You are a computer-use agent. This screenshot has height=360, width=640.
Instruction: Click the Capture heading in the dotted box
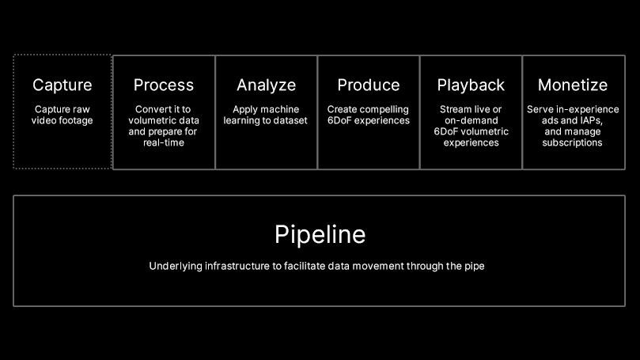click(x=62, y=85)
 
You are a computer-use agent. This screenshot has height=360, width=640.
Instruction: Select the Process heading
click(x=164, y=85)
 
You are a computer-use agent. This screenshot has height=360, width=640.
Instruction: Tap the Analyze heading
click(x=266, y=85)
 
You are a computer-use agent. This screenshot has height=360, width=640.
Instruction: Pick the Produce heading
click(x=369, y=85)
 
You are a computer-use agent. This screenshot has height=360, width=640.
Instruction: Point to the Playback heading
click(x=471, y=85)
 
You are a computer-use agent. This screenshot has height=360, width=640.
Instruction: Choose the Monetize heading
click(x=573, y=85)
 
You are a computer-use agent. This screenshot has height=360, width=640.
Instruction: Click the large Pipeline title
click(x=320, y=235)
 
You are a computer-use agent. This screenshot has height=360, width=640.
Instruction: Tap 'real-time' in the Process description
click(x=164, y=142)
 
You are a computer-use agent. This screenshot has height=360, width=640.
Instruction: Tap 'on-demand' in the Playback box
click(x=471, y=120)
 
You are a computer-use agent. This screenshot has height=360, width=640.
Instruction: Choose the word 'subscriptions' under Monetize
click(x=572, y=142)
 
